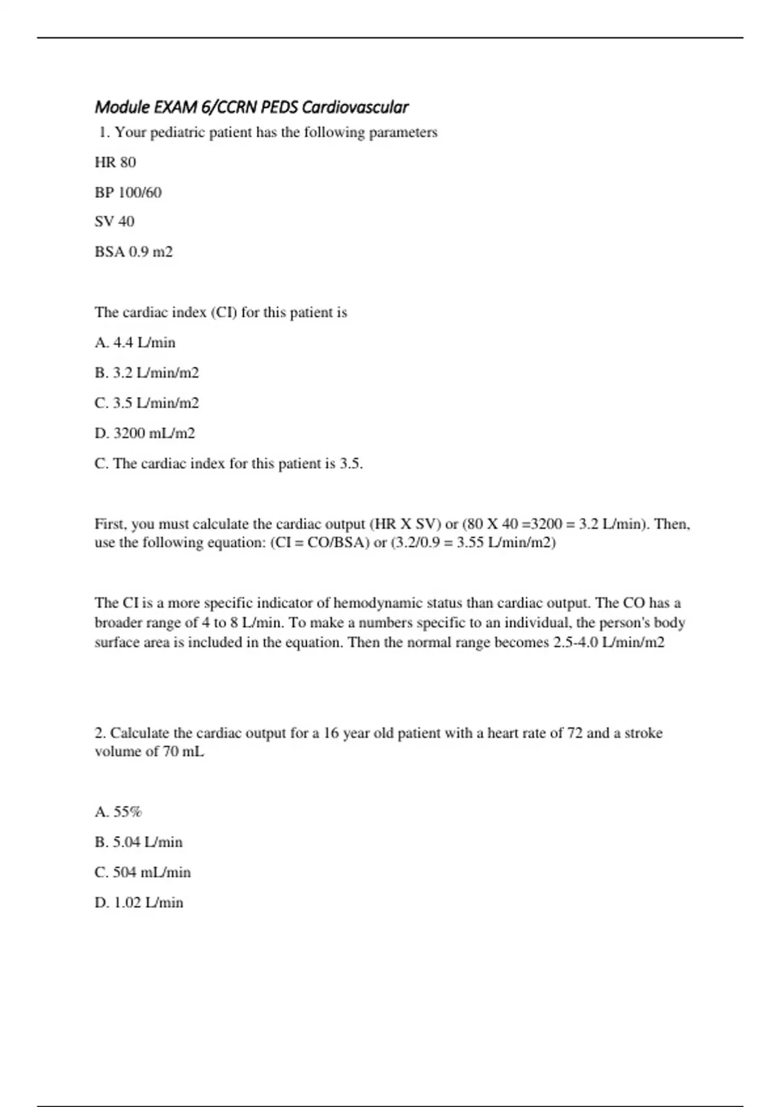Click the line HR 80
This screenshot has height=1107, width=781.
[115, 162]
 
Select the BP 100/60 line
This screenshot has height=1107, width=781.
[128, 192]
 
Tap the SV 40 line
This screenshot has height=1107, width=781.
[115, 221]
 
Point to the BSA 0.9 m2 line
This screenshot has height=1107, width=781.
[133, 251]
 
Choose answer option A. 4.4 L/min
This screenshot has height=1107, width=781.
[135, 343]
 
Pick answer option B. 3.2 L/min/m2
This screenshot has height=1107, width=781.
[146, 372]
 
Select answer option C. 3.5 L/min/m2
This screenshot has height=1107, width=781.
[146, 403]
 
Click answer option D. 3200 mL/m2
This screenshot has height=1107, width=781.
[144, 433]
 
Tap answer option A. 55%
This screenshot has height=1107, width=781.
[118, 811]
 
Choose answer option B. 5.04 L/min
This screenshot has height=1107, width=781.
[139, 842]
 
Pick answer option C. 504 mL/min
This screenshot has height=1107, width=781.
[143, 872]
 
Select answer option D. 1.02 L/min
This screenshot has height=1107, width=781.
[139, 903]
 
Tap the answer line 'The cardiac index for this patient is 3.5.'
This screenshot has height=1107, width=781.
[228, 464]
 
